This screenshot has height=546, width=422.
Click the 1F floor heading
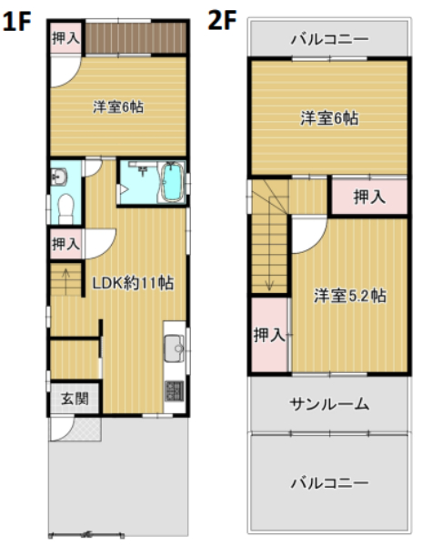pyautogui.click(x=17, y=21)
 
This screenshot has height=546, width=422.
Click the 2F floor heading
pyautogui.click(x=222, y=20)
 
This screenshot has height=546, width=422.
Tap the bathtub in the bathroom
pyautogui.click(x=172, y=182)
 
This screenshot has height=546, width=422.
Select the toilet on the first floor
pyautogui.click(x=65, y=208)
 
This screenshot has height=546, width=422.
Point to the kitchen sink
pyautogui.click(x=174, y=348)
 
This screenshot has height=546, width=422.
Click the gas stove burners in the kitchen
pyautogui.click(x=174, y=390)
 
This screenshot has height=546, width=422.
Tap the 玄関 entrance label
pyautogui.click(x=75, y=399)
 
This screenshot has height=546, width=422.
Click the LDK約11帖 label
pyautogui.click(x=133, y=283)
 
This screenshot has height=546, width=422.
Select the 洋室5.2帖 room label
pyautogui.click(x=349, y=296)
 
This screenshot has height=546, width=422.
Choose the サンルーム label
pyautogui.click(x=329, y=404)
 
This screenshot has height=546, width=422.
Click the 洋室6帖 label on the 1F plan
pyautogui.click(x=118, y=106)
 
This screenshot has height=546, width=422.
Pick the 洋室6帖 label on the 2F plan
pyautogui.click(x=329, y=118)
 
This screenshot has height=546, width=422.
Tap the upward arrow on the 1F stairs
pyautogui.click(x=65, y=278)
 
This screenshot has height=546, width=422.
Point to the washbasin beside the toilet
pyautogui.click(x=58, y=177)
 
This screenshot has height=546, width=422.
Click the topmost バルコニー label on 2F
pyautogui.click(x=329, y=39)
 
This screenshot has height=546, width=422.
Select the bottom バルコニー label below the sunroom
pyautogui.click(x=329, y=483)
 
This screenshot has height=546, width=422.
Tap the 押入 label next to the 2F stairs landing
pyautogui.click(x=369, y=197)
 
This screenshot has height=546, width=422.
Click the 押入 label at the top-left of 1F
pyautogui.click(x=65, y=38)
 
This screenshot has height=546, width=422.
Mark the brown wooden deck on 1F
pyautogui.click(x=136, y=38)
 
